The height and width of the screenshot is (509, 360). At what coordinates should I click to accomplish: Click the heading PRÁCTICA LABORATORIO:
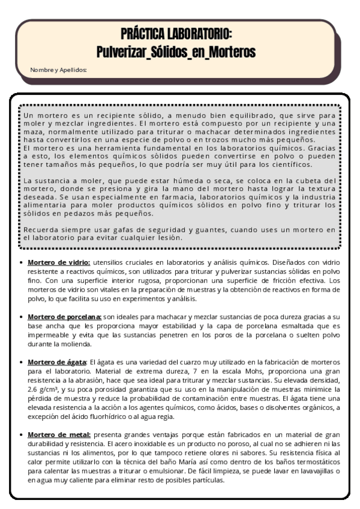[x=180, y=33]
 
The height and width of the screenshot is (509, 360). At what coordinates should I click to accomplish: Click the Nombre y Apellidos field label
[x=58, y=70]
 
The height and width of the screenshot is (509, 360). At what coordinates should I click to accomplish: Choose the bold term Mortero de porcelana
[x=64, y=316]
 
